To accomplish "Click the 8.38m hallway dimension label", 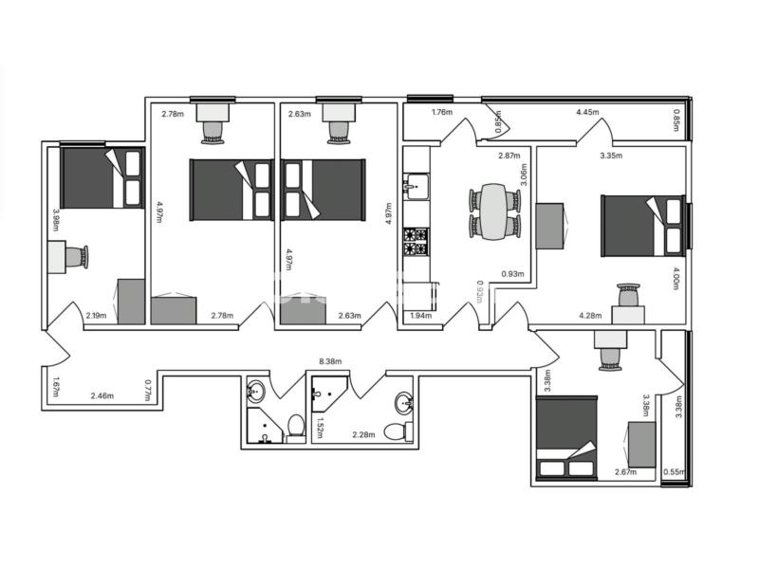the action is point(330,361).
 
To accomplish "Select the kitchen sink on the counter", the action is point(417,187).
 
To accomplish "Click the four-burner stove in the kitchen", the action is point(417,242).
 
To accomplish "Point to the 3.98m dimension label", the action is point(56,220).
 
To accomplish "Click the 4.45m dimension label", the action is point(587,112).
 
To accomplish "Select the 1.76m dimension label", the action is point(442,112).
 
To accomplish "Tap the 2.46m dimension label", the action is point(102,395).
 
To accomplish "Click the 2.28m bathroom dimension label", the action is point(363,434).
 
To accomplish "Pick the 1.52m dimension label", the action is point(320,428).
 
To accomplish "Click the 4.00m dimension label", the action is point(676,278).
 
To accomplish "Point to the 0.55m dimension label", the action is point(675,472).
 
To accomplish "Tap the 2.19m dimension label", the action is point(96,316).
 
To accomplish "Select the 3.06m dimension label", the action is point(524,174).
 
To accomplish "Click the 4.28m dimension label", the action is point(590,316).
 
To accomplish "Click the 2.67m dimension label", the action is point(626,472).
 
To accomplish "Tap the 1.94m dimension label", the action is point(420,316).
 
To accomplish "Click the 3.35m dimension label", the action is point(611,156).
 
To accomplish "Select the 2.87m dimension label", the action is point(509,156).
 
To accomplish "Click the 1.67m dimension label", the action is point(56,387).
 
